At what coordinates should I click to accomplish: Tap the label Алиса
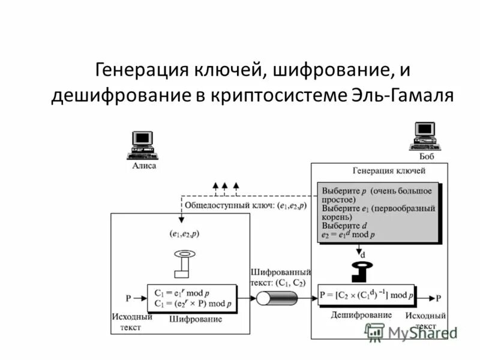pos(144,166)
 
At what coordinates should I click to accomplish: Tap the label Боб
pos(426,157)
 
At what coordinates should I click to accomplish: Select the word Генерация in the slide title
pos(139,71)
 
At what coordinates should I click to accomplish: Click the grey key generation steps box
pos(377,210)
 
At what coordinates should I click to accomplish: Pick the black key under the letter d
pos(362,268)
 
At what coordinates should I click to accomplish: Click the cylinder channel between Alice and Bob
pos(277,298)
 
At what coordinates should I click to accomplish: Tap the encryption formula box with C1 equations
pos(191,298)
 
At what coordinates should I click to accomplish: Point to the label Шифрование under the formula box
pos(196,319)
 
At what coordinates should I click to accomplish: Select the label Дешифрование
pos(361,315)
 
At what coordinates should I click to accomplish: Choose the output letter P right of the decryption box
pos(439,298)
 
